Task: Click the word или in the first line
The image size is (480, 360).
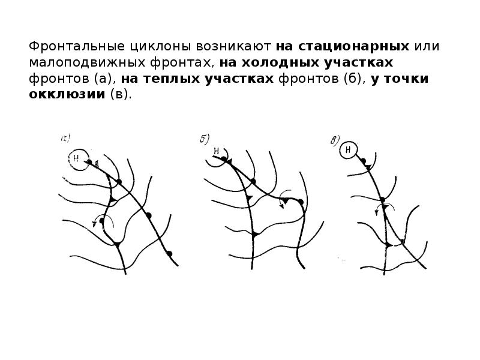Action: click(x=427, y=46)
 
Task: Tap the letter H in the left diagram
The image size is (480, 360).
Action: click(x=76, y=158)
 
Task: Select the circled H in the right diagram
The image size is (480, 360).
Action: click(x=349, y=150)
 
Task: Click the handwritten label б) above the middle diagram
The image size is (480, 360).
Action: click(x=205, y=139)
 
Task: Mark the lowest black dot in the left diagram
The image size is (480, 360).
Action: click(x=169, y=254)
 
